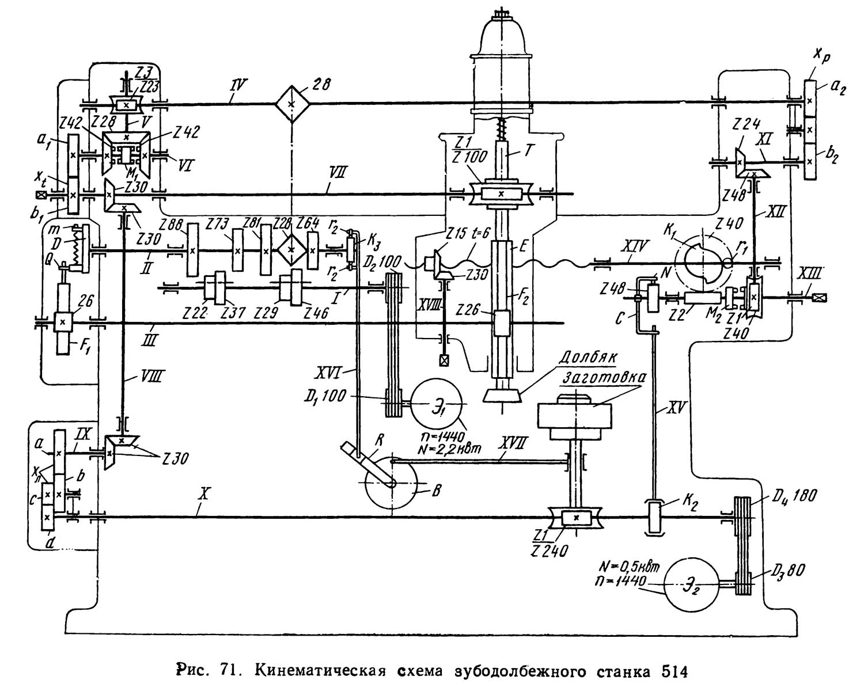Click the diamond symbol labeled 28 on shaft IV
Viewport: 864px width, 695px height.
[291, 104]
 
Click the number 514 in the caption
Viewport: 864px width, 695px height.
[672, 671]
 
